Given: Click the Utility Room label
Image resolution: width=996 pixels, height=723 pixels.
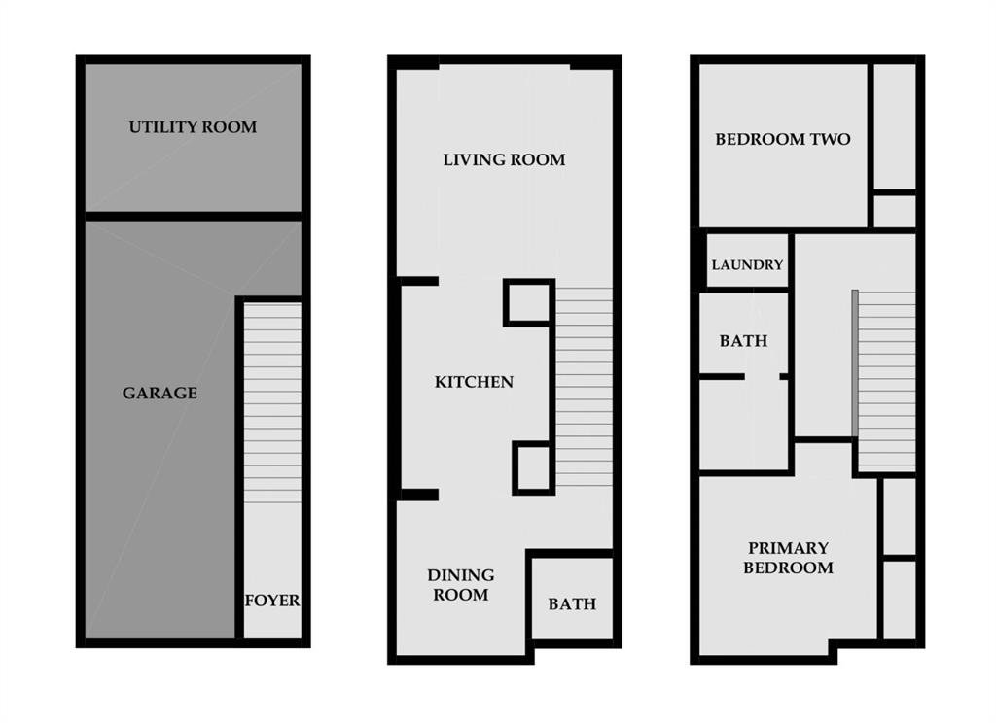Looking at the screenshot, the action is pos(194,127).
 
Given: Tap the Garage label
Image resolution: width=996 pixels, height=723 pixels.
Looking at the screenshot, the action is pos(160,393).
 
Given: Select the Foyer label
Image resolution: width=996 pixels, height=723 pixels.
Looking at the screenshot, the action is pos(272,600).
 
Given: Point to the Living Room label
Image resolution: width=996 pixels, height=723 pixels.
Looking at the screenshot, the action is pos(505,159).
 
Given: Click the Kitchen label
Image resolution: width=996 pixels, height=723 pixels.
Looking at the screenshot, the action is pos(474,382).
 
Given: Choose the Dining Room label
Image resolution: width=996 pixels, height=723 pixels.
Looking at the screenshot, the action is pos(460,585).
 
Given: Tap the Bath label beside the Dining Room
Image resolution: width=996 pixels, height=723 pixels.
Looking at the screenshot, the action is pos(572,603).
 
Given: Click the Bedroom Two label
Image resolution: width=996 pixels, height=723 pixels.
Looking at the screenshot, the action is pos(783,139).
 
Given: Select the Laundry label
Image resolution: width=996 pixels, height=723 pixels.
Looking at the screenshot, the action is pos(747,264).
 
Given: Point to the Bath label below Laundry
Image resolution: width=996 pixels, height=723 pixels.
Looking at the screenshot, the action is pos(743,341).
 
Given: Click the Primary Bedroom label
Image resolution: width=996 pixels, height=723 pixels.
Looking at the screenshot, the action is pos(788,558).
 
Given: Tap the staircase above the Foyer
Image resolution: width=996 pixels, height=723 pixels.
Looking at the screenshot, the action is pos(272,403).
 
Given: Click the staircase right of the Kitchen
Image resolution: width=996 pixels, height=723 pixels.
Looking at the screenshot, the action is pos(585,387).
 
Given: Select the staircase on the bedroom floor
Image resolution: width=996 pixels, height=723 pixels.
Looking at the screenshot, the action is pos(887,380).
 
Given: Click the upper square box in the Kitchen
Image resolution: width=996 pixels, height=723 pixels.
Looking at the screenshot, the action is pos(529,303).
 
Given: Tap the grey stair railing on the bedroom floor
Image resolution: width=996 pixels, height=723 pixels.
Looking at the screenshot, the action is pos(855,363).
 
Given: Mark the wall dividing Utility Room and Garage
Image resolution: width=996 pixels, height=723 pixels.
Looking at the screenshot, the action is pos(194,217).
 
